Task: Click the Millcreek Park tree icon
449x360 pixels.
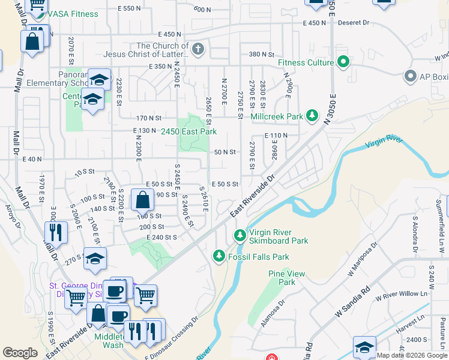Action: pos(312,115)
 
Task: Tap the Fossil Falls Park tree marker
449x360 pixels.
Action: pos(219,257)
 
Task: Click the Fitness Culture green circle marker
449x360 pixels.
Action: pos(343,62)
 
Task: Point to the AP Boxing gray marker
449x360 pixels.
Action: pos(411,76)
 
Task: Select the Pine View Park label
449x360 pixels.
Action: pos(282,277)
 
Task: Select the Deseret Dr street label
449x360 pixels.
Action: pos(353,23)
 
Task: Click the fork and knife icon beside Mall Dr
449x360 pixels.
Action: pos(56,231)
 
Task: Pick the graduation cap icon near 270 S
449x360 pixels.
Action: pos(95,259)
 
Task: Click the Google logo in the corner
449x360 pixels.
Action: pos(20,353)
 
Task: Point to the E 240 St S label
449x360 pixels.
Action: pos(161,238)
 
